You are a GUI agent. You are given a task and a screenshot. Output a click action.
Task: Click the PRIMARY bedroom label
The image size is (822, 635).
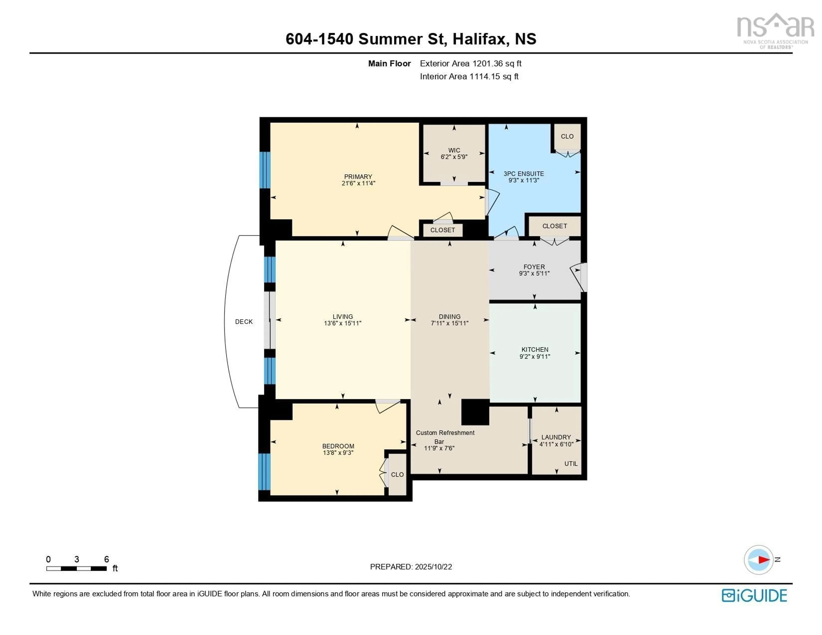point(358,177)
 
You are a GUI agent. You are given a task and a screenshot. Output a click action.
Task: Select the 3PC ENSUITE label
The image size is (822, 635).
point(524,174)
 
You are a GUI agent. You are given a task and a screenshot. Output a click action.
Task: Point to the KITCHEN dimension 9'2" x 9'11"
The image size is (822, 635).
point(535,357)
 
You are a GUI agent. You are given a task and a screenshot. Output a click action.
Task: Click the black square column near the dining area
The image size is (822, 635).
point(475,412)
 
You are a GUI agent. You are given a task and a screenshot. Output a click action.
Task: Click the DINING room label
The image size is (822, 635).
point(449,317)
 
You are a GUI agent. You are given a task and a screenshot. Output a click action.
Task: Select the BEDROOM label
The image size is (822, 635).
point(338,446)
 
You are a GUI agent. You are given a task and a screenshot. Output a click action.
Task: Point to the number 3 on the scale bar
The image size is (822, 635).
point(77,559)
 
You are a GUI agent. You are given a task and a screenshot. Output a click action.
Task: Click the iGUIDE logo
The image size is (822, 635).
point(754,595)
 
